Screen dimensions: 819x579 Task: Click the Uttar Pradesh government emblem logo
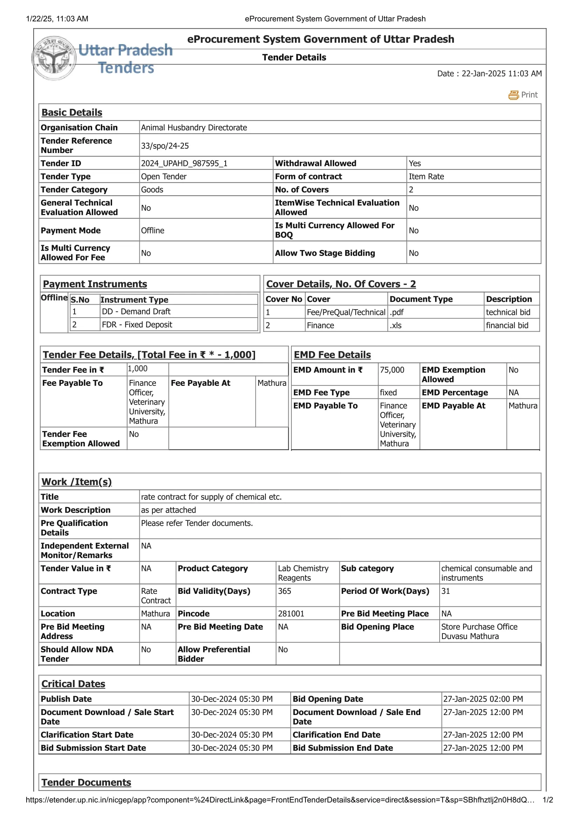[54, 58]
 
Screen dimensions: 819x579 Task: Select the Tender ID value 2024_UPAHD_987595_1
[184, 164]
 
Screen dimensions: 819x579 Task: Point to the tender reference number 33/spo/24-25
[165, 146]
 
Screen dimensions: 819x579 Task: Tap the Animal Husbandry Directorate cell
[194, 128]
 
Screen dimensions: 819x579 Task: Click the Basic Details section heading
[72, 112]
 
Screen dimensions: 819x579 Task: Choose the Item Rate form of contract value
[426, 176]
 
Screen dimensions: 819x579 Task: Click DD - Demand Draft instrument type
[136, 311]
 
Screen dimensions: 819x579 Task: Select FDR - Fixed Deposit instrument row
[137, 325]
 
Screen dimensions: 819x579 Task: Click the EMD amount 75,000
[392, 370]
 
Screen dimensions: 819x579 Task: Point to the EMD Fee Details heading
[332, 355]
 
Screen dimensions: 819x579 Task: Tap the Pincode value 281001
[291, 613]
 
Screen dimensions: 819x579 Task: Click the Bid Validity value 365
[284, 591]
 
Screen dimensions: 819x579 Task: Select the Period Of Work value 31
[445, 591]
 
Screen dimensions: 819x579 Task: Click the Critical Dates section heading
[73, 684]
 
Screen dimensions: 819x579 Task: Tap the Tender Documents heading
[86, 782]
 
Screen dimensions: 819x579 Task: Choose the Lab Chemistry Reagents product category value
[303, 573]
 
